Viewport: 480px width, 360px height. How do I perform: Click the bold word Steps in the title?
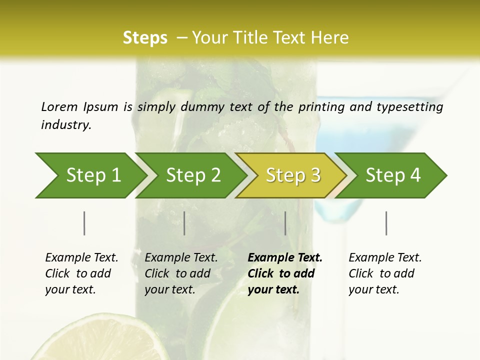point(145,38)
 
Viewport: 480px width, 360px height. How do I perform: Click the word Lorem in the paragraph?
point(59,106)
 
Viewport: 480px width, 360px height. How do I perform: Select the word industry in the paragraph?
point(65,125)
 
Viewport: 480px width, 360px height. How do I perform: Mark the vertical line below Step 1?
point(84,223)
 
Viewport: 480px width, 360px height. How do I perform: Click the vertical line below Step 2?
point(184,223)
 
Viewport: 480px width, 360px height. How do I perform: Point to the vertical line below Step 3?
point(285,223)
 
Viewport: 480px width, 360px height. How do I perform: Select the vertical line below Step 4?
point(386,223)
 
